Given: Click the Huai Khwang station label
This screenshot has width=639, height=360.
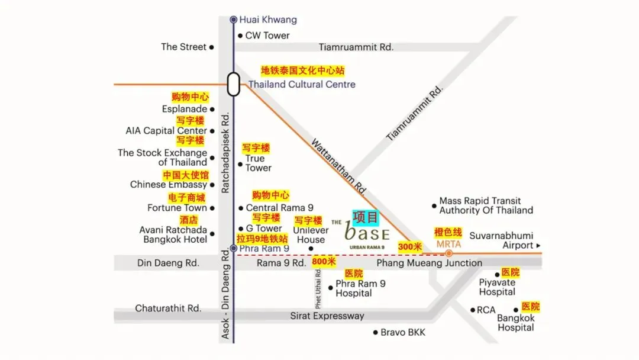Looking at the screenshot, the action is tap(267, 20).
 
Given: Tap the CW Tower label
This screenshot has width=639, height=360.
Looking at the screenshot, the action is tap(267, 36).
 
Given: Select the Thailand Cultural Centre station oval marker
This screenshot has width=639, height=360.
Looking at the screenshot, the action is tap(233, 84).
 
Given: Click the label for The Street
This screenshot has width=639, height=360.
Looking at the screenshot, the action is tap(183, 47).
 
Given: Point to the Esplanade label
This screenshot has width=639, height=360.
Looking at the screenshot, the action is tap(185, 109).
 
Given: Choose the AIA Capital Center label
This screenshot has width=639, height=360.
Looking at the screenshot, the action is tap(166, 131).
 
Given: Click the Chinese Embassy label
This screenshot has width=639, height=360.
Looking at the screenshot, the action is tap(169, 184).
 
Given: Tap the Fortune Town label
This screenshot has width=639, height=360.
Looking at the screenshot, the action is tap(177, 208).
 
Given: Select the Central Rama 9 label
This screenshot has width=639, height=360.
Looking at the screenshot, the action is tap(279, 208).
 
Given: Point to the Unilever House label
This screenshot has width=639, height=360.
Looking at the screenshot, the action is tap(311, 235).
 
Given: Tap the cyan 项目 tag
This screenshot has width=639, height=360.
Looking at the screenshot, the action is tap(366, 217).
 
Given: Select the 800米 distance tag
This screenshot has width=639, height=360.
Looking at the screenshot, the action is tap(324, 262).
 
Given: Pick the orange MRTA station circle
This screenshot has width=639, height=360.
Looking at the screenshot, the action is tap(448, 253).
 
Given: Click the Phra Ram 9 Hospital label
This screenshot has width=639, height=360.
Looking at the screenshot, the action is tap(360, 288).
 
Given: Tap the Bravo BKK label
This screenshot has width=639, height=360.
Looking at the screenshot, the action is tap(402, 332).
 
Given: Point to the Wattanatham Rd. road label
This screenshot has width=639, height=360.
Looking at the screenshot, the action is tap(339, 166).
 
